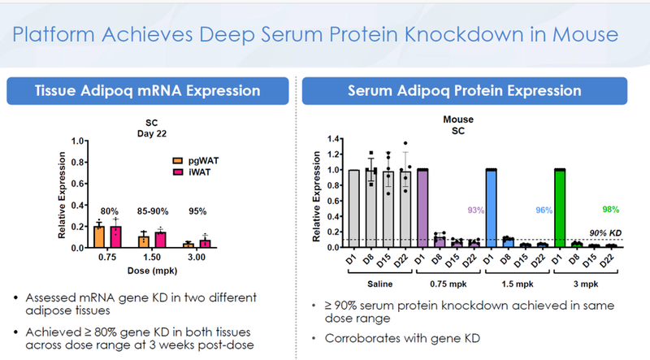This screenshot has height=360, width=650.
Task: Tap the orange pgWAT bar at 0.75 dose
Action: [x=99, y=236]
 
